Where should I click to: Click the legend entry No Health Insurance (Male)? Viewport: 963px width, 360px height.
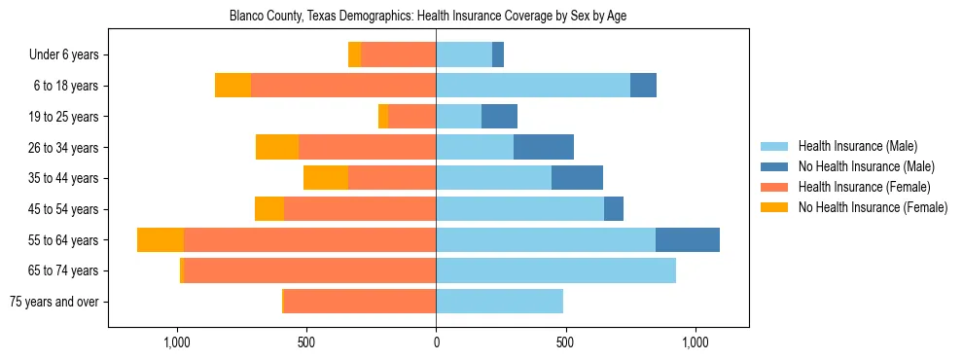tap(866, 166)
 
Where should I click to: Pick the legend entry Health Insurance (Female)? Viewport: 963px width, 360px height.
tap(864, 187)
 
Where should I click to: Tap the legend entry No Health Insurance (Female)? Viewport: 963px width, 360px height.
tap(873, 207)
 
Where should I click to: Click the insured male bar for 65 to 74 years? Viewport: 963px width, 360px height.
tap(555, 270)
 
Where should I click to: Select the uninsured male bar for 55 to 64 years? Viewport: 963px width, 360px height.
tap(688, 239)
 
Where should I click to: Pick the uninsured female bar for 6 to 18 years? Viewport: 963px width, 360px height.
tap(232, 86)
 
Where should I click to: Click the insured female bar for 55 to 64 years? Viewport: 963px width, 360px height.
tap(309, 239)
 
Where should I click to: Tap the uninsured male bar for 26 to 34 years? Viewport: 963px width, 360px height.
tap(544, 147)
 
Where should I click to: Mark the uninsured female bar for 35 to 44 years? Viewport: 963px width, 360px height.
tap(326, 178)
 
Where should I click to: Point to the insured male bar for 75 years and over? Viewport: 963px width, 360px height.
tap(499, 302)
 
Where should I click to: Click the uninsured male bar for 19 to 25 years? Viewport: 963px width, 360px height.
tap(499, 117)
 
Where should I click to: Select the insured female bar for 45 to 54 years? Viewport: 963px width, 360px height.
tap(360, 209)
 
